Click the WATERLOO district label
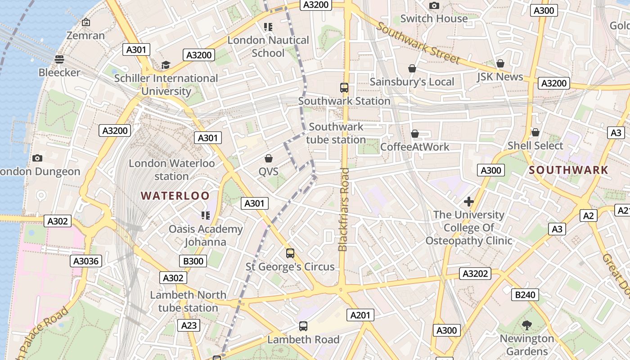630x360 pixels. point(175,196)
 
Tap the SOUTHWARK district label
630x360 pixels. point(568,170)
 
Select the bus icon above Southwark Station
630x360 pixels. point(344,88)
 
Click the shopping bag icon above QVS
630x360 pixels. point(269,158)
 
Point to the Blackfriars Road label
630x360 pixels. point(344,209)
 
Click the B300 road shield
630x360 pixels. point(193,261)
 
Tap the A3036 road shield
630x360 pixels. point(86,261)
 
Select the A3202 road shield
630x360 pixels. point(475,274)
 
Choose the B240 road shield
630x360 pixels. point(525,295)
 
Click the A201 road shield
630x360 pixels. point(360,315)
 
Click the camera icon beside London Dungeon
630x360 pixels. point(37,158)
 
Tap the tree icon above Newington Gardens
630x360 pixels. point(526,325)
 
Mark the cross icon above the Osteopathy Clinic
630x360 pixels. point(469,202)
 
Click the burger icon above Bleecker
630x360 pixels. point(59,59)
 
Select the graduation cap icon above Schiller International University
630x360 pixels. point(166,65)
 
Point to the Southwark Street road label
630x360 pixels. point(418,43)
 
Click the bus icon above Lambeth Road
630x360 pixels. point(303,326)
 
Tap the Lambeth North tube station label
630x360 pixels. point(188,301)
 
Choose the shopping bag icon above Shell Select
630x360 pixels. point(535,132)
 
